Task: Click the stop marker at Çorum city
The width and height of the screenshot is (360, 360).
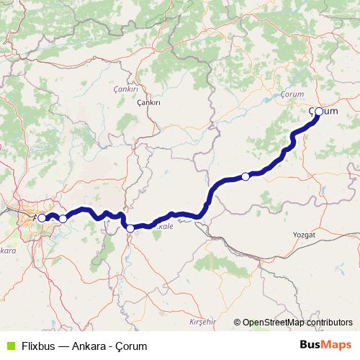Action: [x=319, y=112]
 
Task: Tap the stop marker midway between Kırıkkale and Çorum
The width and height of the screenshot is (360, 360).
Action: [x=246, y=176]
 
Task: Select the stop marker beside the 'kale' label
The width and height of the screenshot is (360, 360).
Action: [x=130, y=228]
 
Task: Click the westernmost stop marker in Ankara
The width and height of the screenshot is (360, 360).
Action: [x=42, y=217]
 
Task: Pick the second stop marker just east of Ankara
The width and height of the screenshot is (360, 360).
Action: [x=63, y=218]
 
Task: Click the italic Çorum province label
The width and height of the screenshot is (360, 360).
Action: [x=294, y=93]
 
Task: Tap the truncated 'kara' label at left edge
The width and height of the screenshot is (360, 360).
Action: [x=7, y=251]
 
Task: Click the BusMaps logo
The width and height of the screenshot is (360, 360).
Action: [x=325, y=345]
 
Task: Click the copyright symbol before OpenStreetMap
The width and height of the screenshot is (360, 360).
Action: [x=238, y=323]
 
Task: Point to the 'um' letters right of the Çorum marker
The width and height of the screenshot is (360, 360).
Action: [x=331, y=112]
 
